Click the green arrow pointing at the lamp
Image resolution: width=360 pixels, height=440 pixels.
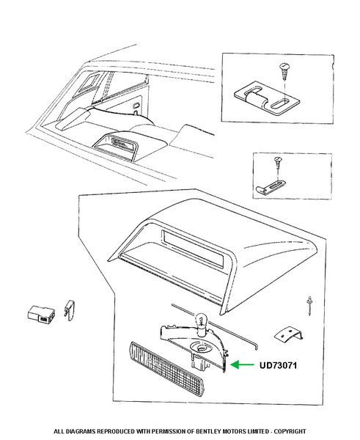pyautogui.click(x=242, y=364)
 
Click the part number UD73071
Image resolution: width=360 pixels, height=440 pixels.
pyautogui.click(x=278, y=365)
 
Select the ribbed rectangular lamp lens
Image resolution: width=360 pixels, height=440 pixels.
pyautogui.click(x=166, y=365)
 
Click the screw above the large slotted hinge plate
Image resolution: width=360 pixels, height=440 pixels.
pyautogui.click(x=284, y=72)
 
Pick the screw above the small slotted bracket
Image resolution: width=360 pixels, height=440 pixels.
pyautogui.click(x=277, y=163)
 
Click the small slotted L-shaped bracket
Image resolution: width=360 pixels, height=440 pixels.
pyautogui.click(x=271, y=187)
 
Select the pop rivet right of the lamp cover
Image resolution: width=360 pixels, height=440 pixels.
pyautogui.click(x=309, y=305)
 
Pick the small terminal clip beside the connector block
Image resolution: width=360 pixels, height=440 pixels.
pyautogui.click(x=70, y=310)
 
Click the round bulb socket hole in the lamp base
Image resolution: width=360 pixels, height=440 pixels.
pyautogui.click(x=201, y=348)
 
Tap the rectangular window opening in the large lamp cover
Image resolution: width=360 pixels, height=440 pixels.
pyautogui.click(x=193, y=249)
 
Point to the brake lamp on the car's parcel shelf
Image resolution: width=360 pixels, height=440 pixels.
pyautogui.click(x=116, y=146)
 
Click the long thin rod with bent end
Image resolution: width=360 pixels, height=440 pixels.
pyautogui.click(x=214, y=326)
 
